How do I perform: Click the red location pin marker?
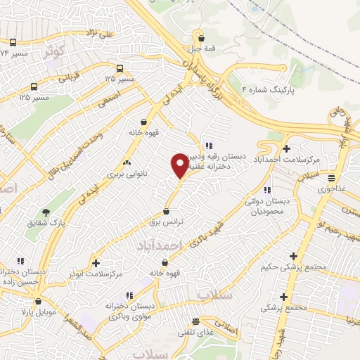(180, 167)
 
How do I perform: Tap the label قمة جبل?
(202, 50)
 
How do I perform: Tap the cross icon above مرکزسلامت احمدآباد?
(286, 148)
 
